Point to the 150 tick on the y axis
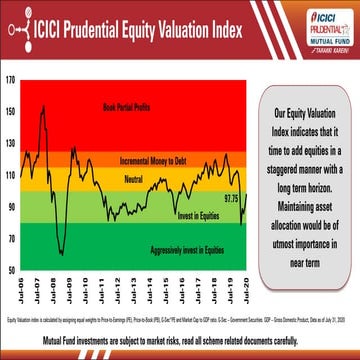click(x=9, y=111)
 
